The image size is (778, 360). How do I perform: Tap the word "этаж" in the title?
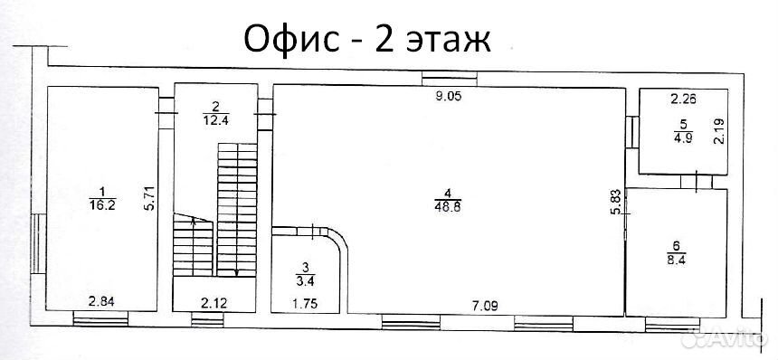click(x=448, y=41)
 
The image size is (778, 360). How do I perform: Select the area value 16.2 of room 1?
click(x=103, y=205)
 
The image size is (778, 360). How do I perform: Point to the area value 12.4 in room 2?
click(x=215, y=119)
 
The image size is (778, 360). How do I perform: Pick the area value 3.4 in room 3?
click(x=305, y=281)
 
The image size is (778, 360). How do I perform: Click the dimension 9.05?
click(x=449, y=97)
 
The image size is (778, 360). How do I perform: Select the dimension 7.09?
click(x=485, y=305)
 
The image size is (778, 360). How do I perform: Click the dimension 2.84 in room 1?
click(x=101, y=302)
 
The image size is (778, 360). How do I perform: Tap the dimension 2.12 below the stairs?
click(x=214, y=303)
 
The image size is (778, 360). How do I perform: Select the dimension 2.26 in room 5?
click(x=684, y=99)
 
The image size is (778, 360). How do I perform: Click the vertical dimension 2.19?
click(x=719, y=131)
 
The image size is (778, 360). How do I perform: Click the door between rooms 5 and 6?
click(x=697, y=181)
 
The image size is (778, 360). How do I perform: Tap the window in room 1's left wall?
click(x=38, y=243)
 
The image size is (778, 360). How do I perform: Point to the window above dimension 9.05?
click(x=449, y=79)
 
